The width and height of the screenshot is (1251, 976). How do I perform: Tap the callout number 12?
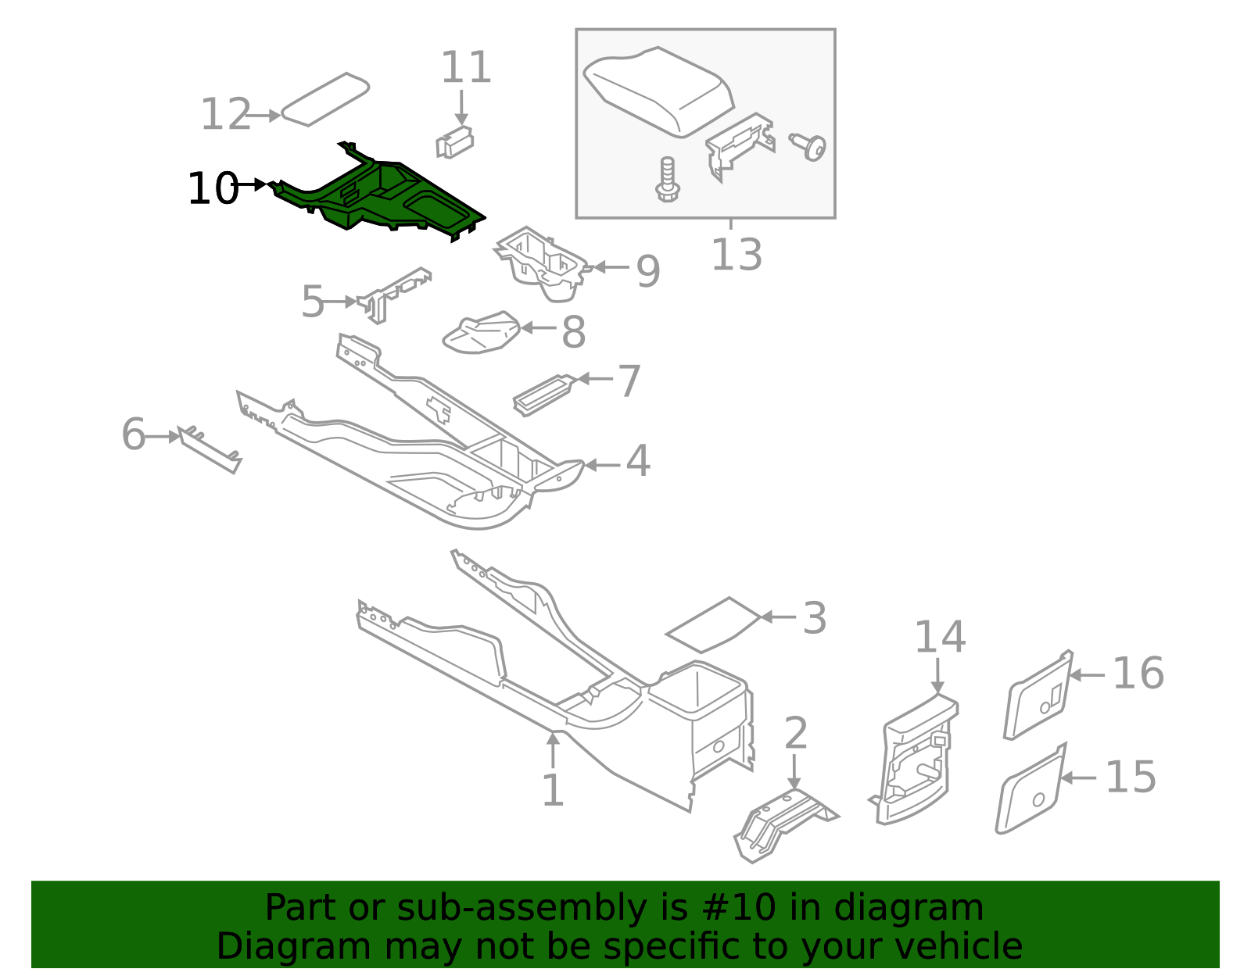[x=225, y=115]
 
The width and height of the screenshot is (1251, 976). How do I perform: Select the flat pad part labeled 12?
[x=324, y=99]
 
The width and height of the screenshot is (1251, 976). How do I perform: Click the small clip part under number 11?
[x=454, y=142]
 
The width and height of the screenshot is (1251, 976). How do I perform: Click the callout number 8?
[x=573, y=332]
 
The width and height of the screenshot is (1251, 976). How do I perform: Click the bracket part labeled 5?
[x=393, y=294]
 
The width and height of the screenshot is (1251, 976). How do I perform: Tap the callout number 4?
[x=637, y=461]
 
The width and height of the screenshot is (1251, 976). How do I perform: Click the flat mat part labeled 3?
[x=713, y=624]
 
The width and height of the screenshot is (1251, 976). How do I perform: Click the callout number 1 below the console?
[x=552, y=791]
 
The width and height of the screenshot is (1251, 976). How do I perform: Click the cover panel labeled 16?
[x=1038, y=695]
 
